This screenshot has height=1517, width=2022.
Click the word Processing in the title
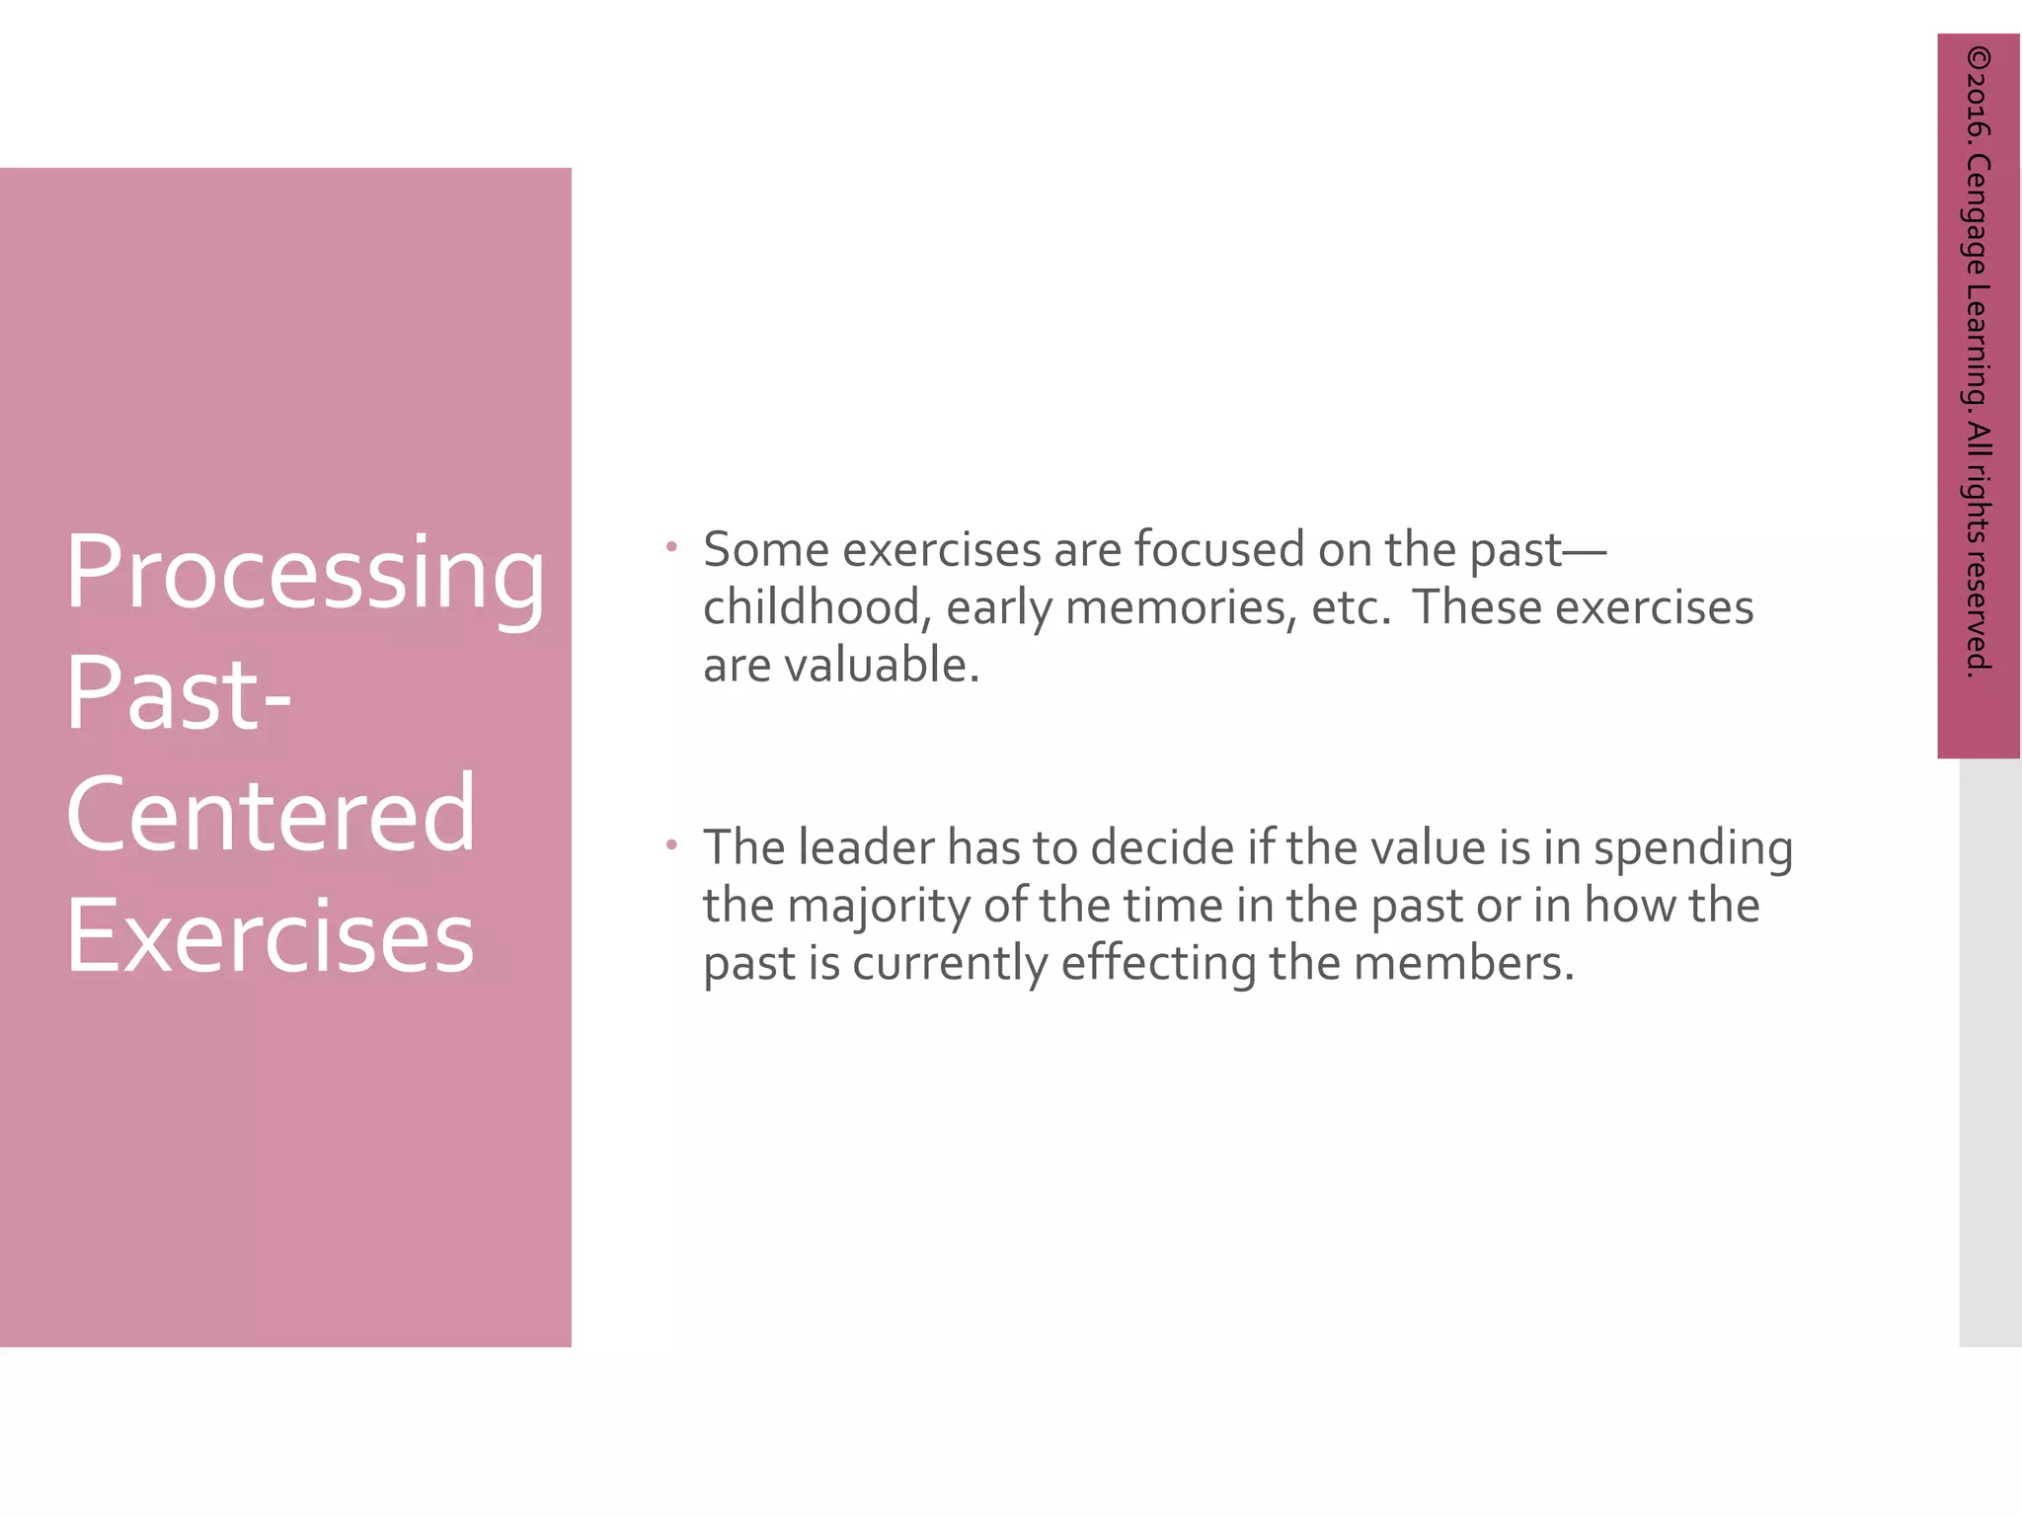(304, 575)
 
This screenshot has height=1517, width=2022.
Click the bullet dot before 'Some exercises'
(671, 545)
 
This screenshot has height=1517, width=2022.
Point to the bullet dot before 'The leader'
(671, 843)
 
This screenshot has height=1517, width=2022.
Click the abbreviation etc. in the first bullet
(1351, 608)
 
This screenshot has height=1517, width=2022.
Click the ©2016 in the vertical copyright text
(1978, 93)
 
